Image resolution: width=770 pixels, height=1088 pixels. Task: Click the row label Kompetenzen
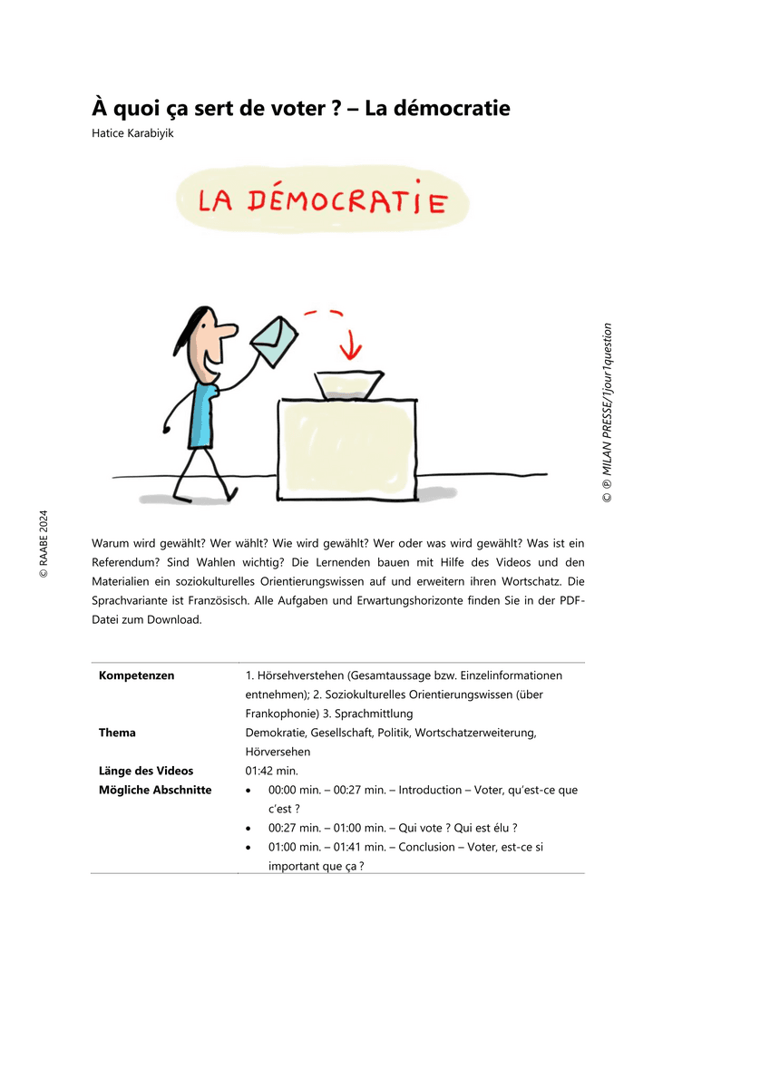click(137, 675)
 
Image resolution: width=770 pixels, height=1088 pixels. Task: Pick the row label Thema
click(118, 733)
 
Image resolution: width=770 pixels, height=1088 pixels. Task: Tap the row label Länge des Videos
click(146, 771)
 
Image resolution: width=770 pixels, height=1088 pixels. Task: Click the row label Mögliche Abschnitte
click(155, 790)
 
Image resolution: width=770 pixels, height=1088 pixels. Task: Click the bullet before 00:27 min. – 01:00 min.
click(249, 828)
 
